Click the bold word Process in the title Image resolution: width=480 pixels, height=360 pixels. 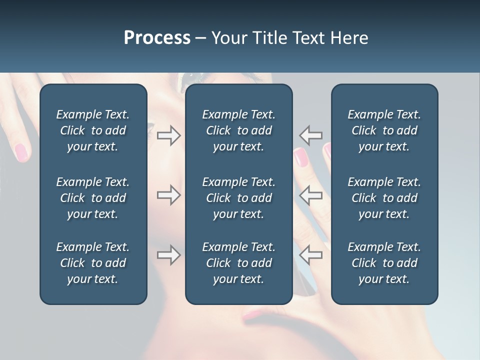157,38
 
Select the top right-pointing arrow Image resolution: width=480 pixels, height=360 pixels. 169,135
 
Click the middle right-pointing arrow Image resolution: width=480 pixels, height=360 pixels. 169,195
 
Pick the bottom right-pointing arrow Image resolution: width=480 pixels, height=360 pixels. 169,255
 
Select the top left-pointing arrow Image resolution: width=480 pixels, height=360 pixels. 310,135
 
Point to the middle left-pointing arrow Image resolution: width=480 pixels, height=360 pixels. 310,195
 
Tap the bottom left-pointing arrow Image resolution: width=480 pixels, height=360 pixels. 310,255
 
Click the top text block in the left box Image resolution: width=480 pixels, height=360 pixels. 93,130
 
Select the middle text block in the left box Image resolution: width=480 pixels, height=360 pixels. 93,198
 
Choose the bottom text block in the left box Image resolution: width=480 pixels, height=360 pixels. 93,263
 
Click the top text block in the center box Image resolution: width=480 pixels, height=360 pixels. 238,130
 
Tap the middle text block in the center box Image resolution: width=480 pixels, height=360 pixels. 238,198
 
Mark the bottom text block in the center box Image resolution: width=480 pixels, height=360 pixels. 238,263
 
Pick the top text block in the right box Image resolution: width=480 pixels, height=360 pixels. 384,130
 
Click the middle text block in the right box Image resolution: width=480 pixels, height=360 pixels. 384,198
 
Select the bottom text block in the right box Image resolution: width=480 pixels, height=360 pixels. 384,263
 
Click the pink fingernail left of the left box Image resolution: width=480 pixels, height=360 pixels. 21,151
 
